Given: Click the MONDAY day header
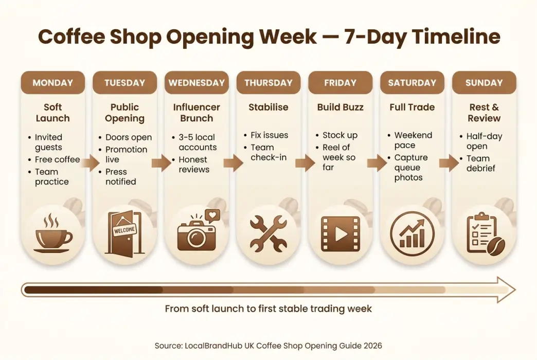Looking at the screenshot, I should click(52, 83).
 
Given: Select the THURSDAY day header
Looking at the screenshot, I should click(268, 83).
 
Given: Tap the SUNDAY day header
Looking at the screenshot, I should click(484, 83).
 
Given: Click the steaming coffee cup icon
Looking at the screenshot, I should click(52, 234).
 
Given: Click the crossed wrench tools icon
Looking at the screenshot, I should click(268, 233).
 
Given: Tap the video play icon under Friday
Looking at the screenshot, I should click(340, 234).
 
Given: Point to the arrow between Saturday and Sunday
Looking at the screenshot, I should click(448, 164).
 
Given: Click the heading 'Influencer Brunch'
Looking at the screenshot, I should click(196, 113).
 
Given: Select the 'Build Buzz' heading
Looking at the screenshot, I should click(340, 107).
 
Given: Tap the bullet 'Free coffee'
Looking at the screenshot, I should click(57, 159).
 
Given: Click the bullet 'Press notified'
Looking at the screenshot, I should click(120, 176).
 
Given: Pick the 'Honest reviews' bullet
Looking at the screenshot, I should click(194, 165).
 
